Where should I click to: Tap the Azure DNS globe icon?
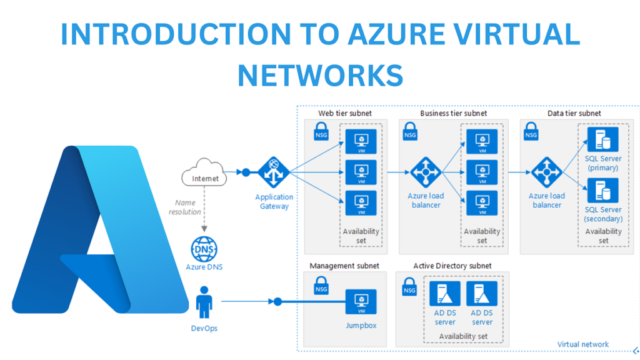click(x=204, y=249)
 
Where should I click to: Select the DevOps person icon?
click(x=204, y=302)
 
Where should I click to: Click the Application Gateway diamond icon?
click(x=274, y=172)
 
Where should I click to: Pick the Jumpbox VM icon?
click(x=361, y=302)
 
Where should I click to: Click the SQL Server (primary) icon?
click(x=602, y=139)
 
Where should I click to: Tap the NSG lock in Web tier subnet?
click(x=321, y=132)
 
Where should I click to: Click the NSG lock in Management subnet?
click(x=321, y=287)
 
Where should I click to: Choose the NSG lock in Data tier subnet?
click(x=531, y=132)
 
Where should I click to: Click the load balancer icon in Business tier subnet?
click(x=426, y=172)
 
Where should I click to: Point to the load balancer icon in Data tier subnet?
click(x=547, y=172)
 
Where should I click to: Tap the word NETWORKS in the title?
click(x=320, y=75)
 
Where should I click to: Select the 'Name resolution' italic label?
click(x=186, y=207)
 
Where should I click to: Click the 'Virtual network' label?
click(x=582, y=344)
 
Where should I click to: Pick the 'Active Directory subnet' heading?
click(x=452, y=266)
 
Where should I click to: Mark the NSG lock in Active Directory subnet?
click(x=409, y=287)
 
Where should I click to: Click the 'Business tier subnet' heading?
click(x=453, y=114)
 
